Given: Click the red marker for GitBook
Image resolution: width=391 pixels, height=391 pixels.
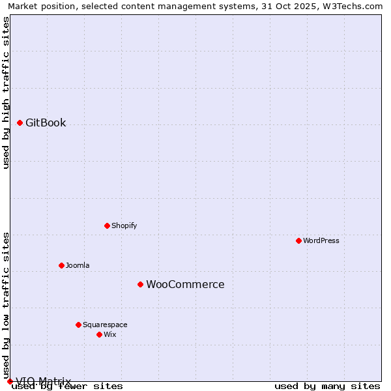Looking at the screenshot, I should pyautogui.click(x=20, y=123).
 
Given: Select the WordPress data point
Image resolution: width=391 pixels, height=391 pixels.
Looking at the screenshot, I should pyautogui.click(x=298, y=240).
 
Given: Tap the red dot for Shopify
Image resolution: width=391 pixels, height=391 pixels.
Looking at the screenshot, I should pyautogui.click(x=107, y=225).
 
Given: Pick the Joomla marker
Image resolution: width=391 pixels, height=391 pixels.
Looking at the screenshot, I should pyautogui.click(x=61, y=265).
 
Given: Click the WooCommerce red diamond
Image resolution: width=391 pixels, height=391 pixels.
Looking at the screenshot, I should pyautogui.click(x=140, y=284).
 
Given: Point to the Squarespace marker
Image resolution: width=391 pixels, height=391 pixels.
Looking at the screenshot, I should pyautogui.click(x=78, y=325).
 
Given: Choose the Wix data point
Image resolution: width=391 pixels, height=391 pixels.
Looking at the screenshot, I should pyautogui.click(x=99, y=334).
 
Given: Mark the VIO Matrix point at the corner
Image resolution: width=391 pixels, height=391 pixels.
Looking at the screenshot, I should pyautogui.click(x=10, y=381).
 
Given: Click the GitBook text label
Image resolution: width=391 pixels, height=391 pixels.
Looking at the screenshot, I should pyautogui.click(x=46, y=123).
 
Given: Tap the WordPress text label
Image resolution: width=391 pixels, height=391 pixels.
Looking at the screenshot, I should pyautogui.click(x=321, y=240).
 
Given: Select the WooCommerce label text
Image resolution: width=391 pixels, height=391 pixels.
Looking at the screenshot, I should pyautogui.click(x=185, y=284).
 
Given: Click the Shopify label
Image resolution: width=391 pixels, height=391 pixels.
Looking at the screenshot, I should pyautogui.click(x=124, y=225).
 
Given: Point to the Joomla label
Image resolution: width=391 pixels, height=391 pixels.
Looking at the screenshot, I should pyautogui.click(x=78, y=265).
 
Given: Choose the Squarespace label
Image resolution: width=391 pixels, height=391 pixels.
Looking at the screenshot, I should pyautogui.click(x=105, y=325).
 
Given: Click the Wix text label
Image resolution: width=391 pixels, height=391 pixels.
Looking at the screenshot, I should pyautogui.click(x=109, y=334).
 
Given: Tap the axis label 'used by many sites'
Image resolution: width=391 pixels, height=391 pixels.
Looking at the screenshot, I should pyautogui.click(x=327, y=386).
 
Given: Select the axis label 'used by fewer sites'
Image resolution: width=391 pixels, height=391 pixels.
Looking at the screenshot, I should pyautogui.click(x=68, y=386).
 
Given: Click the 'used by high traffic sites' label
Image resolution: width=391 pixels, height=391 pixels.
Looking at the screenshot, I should pyautogui.click(x=7, y=93).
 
